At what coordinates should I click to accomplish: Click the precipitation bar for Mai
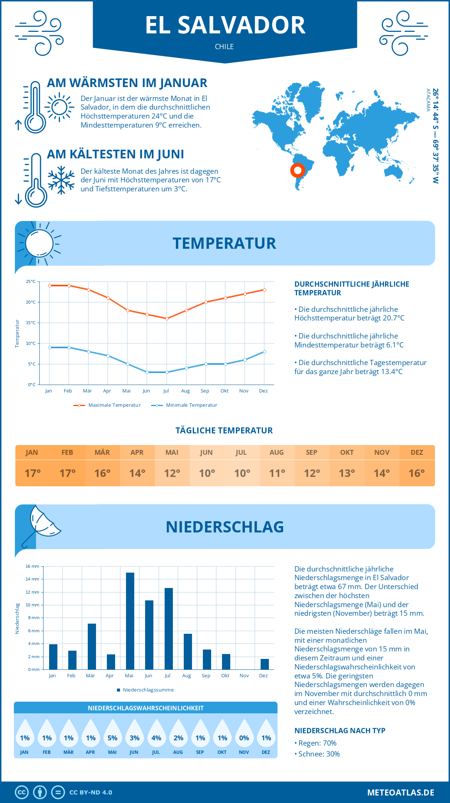pos(130,621)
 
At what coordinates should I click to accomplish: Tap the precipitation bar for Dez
pos(265,664)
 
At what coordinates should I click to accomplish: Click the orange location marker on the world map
pos(298,170)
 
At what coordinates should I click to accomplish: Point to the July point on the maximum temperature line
pos(167,319)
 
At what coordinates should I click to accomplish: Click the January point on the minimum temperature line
pos(49,347)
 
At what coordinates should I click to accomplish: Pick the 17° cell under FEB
pos(67,473)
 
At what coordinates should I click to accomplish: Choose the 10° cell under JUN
pos(207,473)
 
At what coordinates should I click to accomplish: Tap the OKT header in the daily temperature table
pos(347,453)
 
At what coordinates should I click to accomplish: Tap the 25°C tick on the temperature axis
pos(31,281)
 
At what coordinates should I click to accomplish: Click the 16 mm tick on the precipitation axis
pos(32,566)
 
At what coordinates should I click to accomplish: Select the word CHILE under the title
pos(224,47)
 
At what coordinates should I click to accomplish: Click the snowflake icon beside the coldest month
pos(61,180)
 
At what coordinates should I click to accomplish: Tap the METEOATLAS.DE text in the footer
pos(400,792)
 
